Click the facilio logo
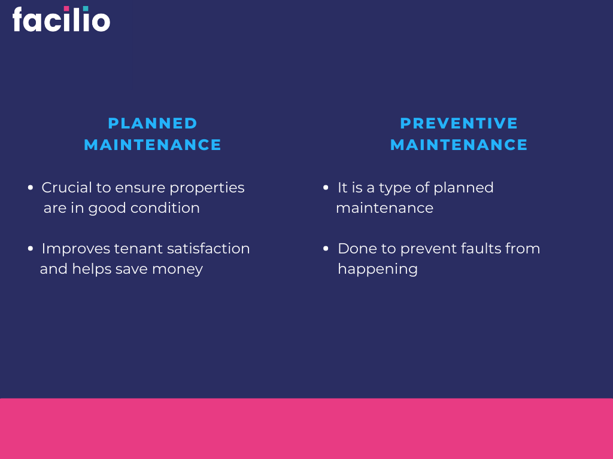click(61, 19)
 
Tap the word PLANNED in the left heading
click(153, 123)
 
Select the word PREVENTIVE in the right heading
click(459, 123)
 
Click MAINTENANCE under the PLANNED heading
click(153, 145)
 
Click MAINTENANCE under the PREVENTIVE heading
click(459, 145)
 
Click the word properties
click(207, 188)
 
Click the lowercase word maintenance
click(384, 208)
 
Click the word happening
click(377, 270)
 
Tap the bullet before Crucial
click(31, 188)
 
